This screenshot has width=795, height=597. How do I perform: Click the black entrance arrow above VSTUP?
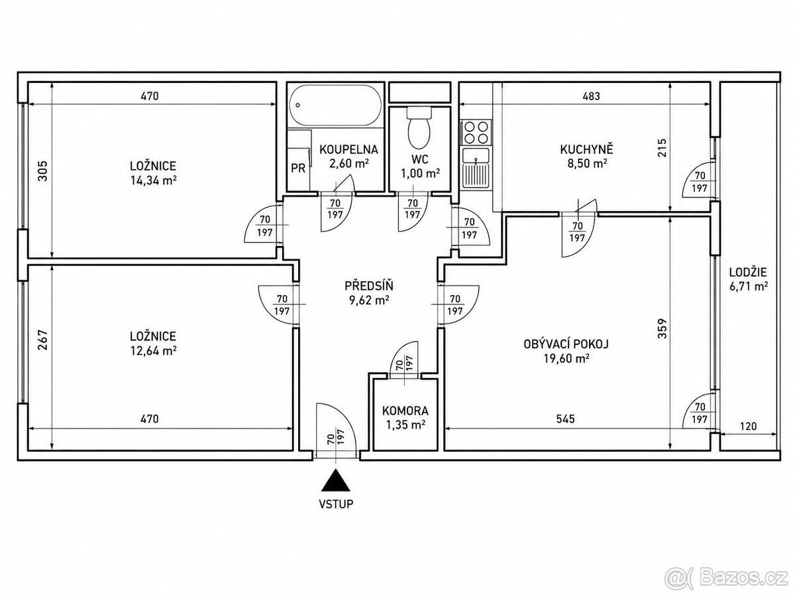tap(336, 480)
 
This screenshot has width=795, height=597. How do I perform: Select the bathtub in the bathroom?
tap(335, 105)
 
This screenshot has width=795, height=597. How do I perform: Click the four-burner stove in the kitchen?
tap(476, 133)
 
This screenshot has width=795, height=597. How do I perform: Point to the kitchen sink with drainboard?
tap(476, 168)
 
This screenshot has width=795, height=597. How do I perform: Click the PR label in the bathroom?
tap(298, 168)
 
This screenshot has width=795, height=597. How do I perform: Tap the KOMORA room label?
tap(405, 411)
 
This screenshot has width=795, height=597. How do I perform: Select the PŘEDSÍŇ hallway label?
tap(369, 286)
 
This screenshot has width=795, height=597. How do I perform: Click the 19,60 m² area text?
tap(566, 359)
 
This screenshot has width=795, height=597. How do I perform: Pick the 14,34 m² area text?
tap(154, 180)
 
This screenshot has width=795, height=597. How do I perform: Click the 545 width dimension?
tap(565, 419)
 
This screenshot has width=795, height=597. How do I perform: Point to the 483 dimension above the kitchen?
tap(591, 96)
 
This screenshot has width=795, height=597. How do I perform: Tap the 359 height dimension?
tap(662, 329)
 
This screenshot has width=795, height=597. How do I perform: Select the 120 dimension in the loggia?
tap(748, 426)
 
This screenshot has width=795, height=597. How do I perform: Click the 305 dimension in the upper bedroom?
tap(42, 170)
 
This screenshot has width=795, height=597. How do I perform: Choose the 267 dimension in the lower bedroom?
tap(42, 340)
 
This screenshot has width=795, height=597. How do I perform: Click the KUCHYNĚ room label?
tap(587, 149)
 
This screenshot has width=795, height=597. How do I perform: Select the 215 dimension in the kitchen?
tap(662, 147)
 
